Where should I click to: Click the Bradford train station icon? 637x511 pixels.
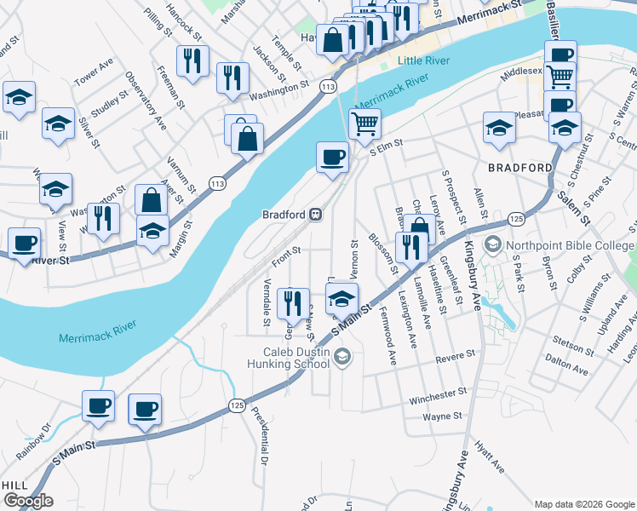point(316,215)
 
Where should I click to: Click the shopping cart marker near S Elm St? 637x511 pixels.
point(364,124)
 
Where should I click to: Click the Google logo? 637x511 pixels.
point(28,501)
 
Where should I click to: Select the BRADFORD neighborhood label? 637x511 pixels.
point(520,168)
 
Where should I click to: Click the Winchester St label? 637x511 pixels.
point(438,394)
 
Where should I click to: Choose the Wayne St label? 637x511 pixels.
point(442,416)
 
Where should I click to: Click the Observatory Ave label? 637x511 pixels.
point(145,100)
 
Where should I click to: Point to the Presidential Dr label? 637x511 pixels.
point(259,436)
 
